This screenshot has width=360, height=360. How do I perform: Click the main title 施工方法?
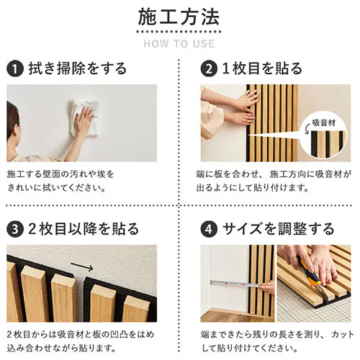(x=179, y=17)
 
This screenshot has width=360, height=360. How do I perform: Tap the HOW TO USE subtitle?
(x=179, y=44)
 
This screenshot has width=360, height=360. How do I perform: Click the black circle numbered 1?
(x=15, y=69)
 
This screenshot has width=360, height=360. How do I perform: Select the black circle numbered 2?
(x=209, y=69)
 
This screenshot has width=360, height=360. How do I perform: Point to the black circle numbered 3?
(x=15, y=229)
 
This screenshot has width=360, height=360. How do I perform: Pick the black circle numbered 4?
(x=209, y=229)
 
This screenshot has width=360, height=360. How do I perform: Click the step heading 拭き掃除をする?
(x=78, y=68)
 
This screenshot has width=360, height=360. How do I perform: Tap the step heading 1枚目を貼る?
(x=262, y=68)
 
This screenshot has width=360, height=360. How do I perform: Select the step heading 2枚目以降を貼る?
(x=84, y=229)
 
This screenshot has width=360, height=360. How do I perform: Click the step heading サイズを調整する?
(x=278, y=229)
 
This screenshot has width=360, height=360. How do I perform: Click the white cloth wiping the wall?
(x=86, y=117)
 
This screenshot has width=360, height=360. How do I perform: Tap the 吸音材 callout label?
(x=323, y=123)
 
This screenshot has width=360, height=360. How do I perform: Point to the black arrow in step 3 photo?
(x=82, y=266)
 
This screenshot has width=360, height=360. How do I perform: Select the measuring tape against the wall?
(x=235, y=284)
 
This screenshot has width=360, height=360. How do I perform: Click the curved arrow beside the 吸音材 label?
(x=307, y=130)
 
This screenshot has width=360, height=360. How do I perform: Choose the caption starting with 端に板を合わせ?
(x=274, y=181)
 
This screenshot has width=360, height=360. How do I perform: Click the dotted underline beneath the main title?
(x=179, y=32)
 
